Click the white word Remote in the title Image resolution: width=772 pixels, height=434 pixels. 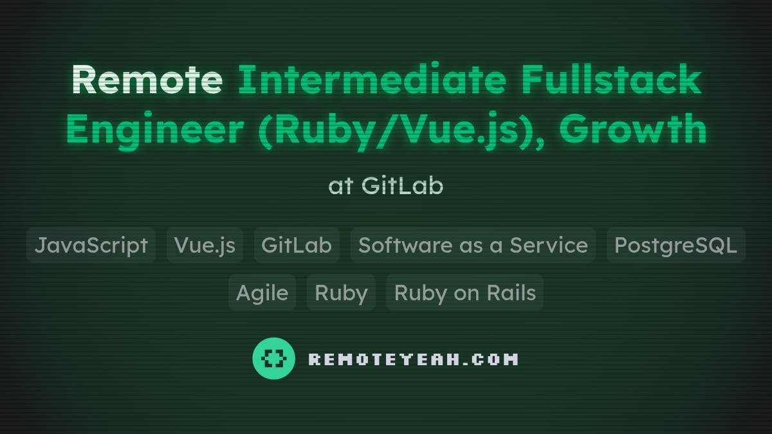(147, 80)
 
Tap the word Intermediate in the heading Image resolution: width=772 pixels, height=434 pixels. (372, 80)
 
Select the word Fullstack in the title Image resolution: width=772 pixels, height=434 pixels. (611, 80)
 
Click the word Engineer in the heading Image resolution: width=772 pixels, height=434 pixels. (154, 129)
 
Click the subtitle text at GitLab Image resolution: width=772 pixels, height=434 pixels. (385, 186)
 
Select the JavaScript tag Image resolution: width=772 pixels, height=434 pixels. (91, 245)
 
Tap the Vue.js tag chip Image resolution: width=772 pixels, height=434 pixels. (205, 245)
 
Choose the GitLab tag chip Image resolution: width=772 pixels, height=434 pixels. (297, 245)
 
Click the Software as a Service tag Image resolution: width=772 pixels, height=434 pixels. (473, 245)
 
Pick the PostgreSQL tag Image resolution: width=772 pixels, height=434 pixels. (675, 245)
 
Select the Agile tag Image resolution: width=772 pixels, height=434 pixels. (262, 293)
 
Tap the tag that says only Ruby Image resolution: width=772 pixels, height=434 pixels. (341, 293)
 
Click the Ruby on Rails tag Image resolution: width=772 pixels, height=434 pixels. (464, 293)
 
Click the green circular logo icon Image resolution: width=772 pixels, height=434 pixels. (274, 358)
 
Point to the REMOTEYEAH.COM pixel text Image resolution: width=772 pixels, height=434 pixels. (413, 359)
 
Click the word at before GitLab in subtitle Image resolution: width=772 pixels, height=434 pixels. (341, 186)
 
